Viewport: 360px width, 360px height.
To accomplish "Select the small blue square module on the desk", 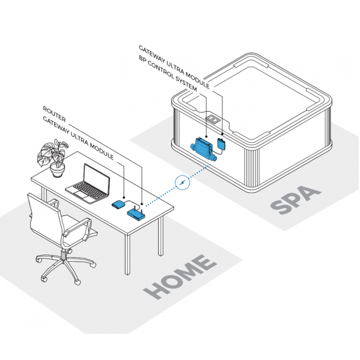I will click(118, 205).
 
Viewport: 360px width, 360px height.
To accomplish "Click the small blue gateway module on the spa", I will click(221, 143).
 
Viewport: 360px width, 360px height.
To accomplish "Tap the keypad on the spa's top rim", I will click(213, 120).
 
